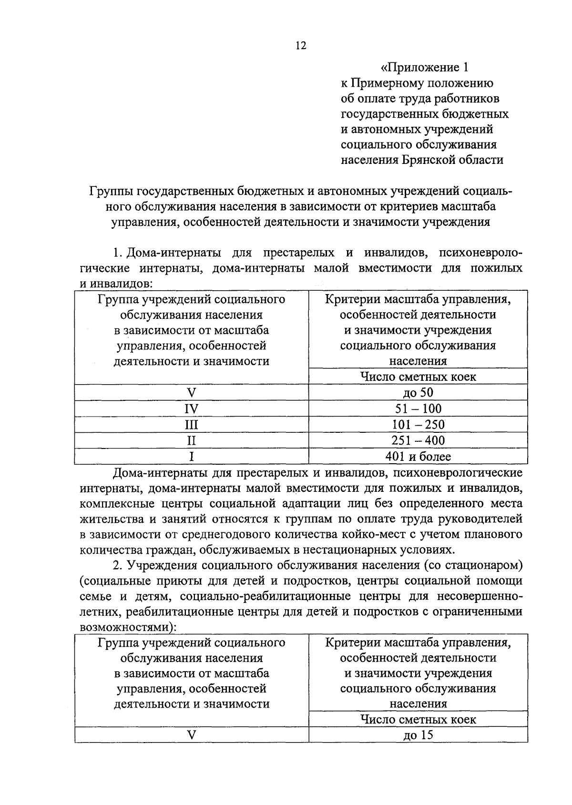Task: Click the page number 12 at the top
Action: tap(300, 46)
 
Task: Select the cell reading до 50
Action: tap(418, 393)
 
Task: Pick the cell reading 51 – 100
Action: tap(418, 408)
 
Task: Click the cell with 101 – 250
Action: tap(418, 424)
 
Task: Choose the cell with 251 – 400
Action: tap(418, 440)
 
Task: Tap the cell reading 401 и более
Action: tap(418, 456)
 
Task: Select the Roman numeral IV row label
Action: tap(191, 409)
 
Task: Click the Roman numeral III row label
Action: tap(191, 425)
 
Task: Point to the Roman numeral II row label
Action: tap(191, 440)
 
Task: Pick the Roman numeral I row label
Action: tap(191, 457)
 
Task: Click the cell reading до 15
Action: tap(418, 735)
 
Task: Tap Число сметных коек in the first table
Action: tap(418, 377)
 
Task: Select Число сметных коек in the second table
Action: tap(418, 719)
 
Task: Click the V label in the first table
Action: tap(191, 393)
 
